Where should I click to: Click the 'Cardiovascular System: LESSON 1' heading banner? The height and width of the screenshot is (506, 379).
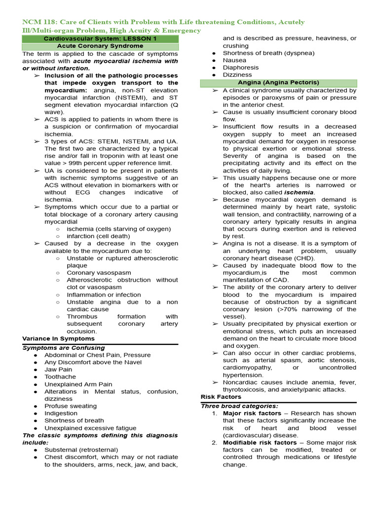click(x=100, y=39)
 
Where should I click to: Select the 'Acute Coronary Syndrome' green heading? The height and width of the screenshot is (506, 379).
click(x=100, y=46)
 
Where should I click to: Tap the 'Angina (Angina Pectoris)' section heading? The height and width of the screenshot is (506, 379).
click(x=278, y=83)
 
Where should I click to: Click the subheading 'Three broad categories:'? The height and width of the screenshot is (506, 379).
click(x=239, y=406)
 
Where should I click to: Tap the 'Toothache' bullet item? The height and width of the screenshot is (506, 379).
click(x=60, y=377)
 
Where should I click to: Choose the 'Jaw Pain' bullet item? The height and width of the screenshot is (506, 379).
click(x=58, y=369)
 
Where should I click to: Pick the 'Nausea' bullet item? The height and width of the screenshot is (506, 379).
click(x=234, y=60)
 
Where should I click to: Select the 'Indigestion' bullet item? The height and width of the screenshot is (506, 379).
click(x=61, y=413)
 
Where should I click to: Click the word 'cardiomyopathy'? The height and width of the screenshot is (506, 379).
click(x=247, y=368)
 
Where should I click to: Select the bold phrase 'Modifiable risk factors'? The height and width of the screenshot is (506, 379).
click(x=260, y=442)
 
